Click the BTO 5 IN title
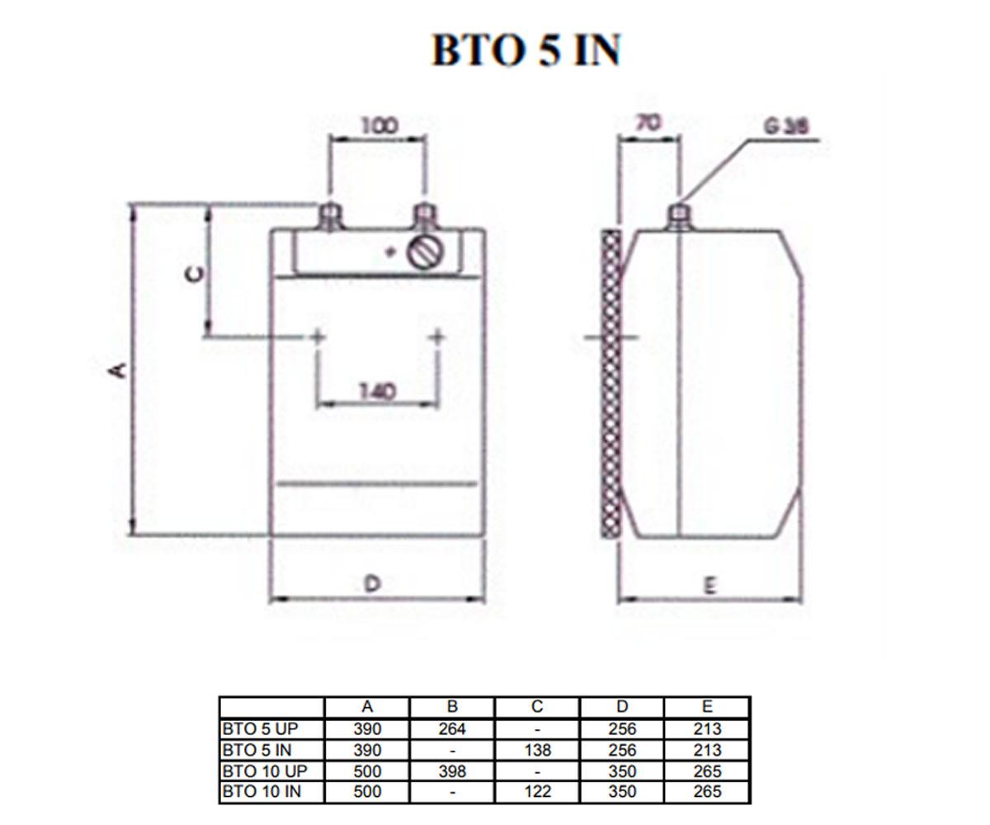pos(526,49)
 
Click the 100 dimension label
pos(380,126)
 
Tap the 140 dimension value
pos(377,392)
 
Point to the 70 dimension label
pos(648,123)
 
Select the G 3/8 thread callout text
pos(786,126)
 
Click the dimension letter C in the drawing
pos(195,274)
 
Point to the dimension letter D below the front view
pos(373,583)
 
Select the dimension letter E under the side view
pos(709,587)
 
